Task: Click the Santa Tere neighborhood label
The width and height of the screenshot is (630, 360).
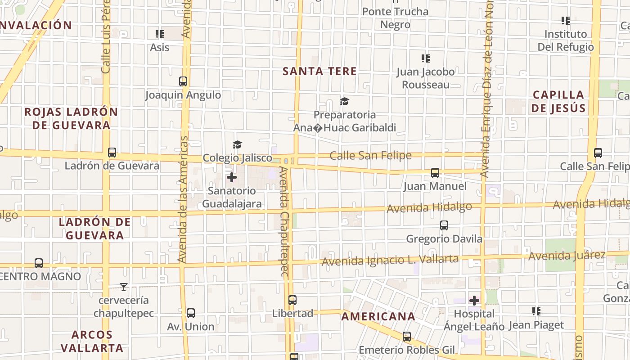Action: pos(319,71)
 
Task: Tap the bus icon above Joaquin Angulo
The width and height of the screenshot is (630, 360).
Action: pos(183,81)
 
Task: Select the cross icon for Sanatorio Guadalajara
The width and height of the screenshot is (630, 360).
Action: pos(232,177)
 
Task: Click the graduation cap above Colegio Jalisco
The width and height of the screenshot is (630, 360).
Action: pos(237,144)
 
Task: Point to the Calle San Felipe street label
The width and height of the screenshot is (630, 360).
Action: pos(370,156)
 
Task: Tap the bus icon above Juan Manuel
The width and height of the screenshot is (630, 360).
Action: pos(435,173)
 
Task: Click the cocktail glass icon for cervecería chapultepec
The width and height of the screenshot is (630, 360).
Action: pos(124,287)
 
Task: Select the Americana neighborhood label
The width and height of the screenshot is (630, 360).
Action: pos(378,316)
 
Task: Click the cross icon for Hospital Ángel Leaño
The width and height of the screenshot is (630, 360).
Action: pos(474,301)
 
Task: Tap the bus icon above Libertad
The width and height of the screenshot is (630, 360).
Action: pos(292,300)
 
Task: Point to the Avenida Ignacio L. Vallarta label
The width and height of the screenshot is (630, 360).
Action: pos(390,260)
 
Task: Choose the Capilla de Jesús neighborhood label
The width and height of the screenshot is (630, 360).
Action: pos(558,101)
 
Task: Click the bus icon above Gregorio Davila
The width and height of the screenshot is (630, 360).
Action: pos(444,225)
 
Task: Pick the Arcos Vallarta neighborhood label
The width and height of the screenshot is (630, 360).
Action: pos(92,341)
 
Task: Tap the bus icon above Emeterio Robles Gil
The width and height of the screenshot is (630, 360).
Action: pos(407,337)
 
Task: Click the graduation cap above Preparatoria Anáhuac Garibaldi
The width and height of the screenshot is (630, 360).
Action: pos(344,101)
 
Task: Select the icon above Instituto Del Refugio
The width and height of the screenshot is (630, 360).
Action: pos(566,21)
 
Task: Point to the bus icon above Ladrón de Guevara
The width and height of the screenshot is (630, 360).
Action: pos(112,153)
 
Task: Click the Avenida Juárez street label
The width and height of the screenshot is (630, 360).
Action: pos(567,256)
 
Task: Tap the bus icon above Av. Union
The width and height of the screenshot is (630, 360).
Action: pos(191,313)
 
